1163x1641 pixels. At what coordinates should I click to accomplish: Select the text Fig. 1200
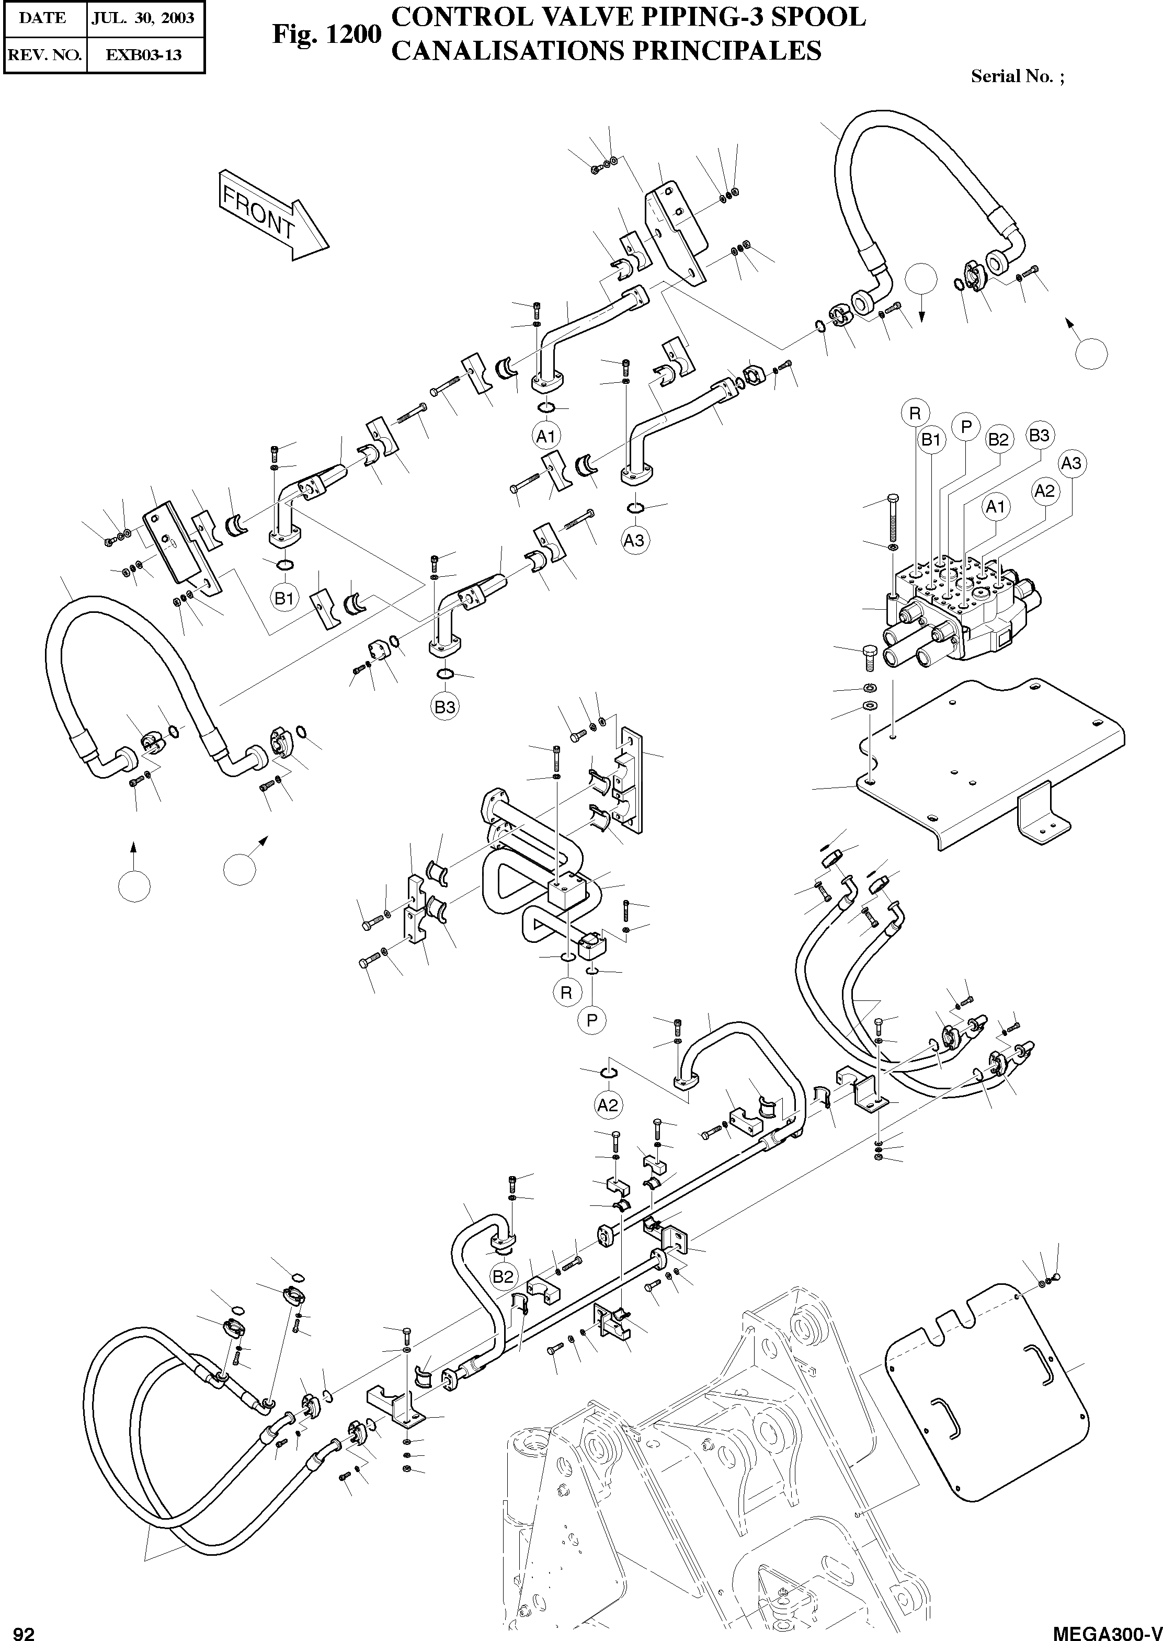pyautogui.click(x=326, y=35)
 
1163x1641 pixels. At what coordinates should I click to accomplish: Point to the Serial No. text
pyautogui.click(x=1016, y=76)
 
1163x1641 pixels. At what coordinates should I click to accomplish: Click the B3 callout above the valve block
pyautogui.click(x=1039, y=435)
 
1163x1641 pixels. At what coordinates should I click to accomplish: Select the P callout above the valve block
pyautogui.click(x=966, y=427)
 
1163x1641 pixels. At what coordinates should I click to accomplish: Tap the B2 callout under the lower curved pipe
pyautogui.click(x=504, y=1295)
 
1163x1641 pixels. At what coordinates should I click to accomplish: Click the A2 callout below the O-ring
pyautogui.click(x=607, y=1105)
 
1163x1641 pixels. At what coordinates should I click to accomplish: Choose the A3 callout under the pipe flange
pyautogui.click(x=634, y=540)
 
